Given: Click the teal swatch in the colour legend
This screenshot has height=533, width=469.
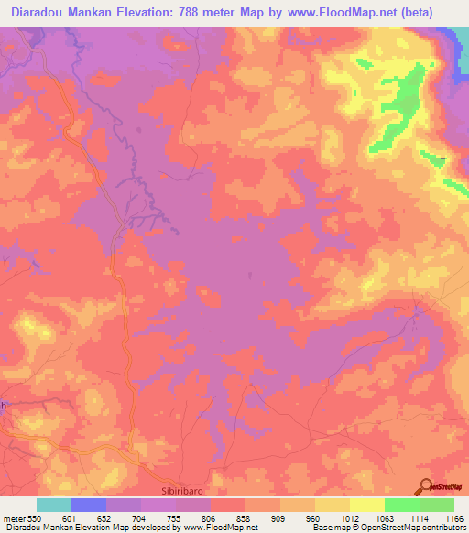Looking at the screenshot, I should tap(54, 505).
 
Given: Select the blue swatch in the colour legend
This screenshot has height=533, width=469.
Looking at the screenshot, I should tap(89, 505).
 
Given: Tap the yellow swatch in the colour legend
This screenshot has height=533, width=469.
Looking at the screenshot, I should tap(367, 505).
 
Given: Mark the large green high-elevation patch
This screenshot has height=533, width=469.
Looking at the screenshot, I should tap(403, 105).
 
